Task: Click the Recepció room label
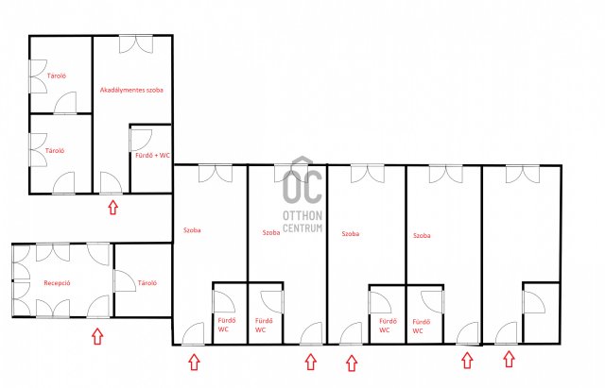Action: (x=57, y=283)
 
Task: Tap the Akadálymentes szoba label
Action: (x=131, y=91)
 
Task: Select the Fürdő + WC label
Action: (x=153, y=155)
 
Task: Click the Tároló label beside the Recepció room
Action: (x=147, y=283)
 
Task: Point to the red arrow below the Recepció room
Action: (x=97, y=336)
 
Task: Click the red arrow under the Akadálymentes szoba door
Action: (x=112, y=207)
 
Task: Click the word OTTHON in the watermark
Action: (x=302, y=215)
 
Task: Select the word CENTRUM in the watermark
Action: (x=302, y=228)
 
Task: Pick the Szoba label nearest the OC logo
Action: (x=271, y=233)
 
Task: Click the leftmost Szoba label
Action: (x=192, y=230)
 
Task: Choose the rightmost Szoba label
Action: (x=422, y=235)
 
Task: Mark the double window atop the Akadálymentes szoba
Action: (x=136, y=44)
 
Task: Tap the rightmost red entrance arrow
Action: (x=509, y=359)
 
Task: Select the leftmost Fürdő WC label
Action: (x=227, y=325)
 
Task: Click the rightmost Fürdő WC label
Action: (x=422, y=326)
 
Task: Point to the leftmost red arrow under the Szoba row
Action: (x=194, y=363)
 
